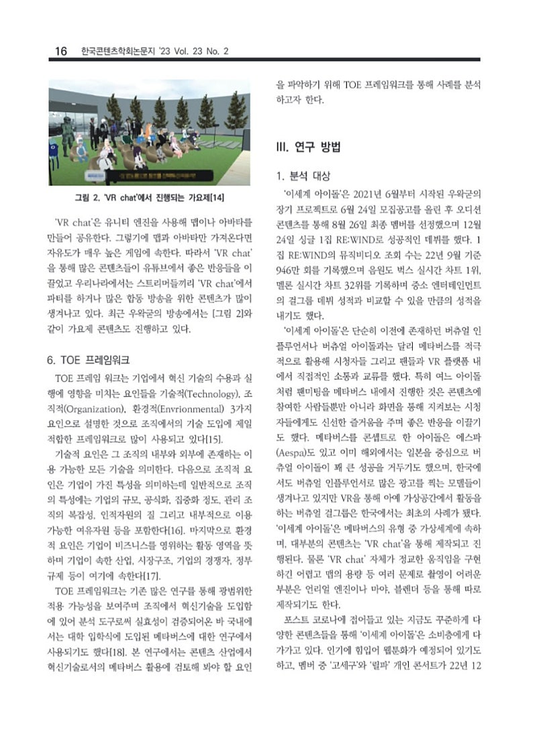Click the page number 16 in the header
(x=60, y=51)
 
